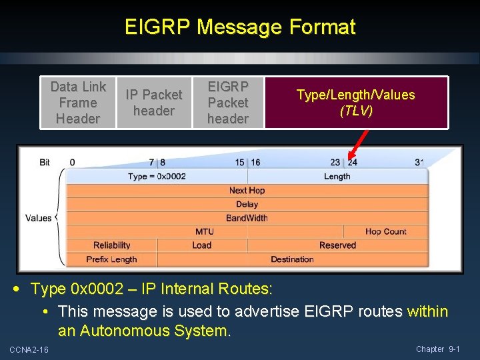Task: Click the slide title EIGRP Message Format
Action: click(240, 27)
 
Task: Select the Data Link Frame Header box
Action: click(78, 103)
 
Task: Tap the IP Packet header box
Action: click(154, 103)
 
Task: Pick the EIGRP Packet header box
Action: click(228, 103)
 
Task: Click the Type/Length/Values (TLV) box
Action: click(355, 103)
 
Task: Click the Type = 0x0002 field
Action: click(157, 177)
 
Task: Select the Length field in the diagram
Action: click(337, 177)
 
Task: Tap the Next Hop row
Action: click(247, 191)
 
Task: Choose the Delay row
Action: click(247, 204)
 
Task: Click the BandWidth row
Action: click(247, 218)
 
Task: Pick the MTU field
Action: click(205, 231)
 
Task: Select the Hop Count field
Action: click(385, 231)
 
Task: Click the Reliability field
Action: click(112, 245)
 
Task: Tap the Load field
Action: click(201, 245)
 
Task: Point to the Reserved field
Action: click(337, 245)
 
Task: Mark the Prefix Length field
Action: click(111, 259)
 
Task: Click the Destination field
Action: click(292, 259)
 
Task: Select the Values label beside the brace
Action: click(39, 218)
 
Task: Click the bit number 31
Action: click(419, 162)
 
